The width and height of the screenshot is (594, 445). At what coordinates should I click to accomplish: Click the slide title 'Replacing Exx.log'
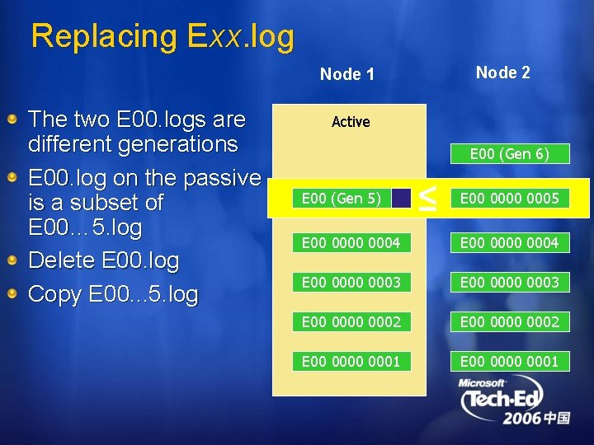coord(162,37)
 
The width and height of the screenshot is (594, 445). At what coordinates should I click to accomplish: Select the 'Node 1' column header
coord(346,74)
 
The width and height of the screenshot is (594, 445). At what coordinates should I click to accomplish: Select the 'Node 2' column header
coord(502,73)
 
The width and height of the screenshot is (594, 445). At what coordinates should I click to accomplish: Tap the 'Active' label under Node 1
coord(351,122)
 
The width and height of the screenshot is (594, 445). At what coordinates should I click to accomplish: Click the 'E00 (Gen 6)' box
coord(509,153)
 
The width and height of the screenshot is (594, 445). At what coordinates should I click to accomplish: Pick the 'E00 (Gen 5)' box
coord(342,198)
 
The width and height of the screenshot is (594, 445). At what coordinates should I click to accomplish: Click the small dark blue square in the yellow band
coord(401,198)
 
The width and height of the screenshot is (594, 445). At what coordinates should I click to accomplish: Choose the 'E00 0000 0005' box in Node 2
coord(509,198)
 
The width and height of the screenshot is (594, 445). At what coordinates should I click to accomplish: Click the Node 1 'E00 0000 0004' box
coord(351,242)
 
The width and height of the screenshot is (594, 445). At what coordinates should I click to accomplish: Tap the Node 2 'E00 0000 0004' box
coord(509,242)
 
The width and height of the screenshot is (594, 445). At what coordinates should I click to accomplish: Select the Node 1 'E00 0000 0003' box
coord(351,282)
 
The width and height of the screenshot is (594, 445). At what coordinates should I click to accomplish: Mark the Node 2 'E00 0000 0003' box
coord(509,282)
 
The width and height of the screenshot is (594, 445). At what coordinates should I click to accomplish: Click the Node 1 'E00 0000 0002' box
coord(351,321)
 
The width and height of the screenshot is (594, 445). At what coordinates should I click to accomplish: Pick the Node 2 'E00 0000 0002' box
coord(509,321)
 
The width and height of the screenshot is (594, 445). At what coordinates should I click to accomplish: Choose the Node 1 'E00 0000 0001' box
coord(351,361)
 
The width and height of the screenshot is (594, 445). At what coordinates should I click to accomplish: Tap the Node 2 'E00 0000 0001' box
coord(509,361)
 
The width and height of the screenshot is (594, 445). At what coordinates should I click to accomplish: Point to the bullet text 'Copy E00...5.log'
coord(113,295)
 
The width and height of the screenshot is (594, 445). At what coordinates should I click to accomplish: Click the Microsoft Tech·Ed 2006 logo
coord(514,401)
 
